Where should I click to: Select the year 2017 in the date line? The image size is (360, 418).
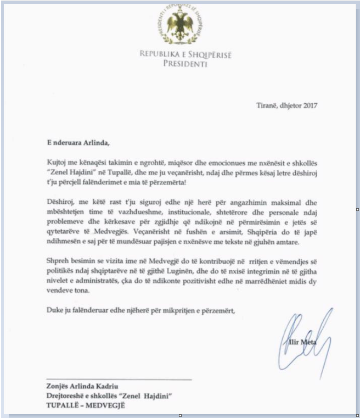click(309, 105)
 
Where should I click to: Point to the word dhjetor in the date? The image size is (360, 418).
click(288, 105)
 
